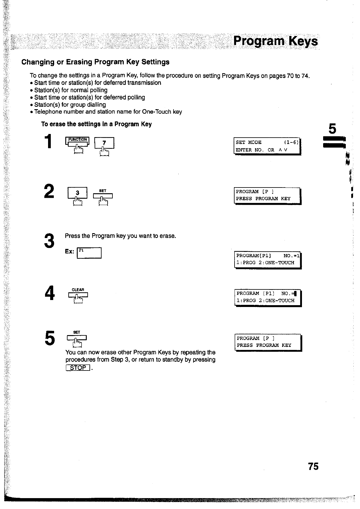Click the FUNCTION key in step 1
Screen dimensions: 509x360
click(77, 142)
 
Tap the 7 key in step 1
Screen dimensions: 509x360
click(104, 143)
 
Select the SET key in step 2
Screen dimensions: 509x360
click(103, 195)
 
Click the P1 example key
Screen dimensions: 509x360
click(90, 253)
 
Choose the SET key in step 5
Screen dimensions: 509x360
click(77, 338)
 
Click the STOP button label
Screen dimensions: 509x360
click(78, 368)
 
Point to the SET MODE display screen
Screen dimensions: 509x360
click(267, 146)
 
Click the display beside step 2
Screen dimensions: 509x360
click(268, 195)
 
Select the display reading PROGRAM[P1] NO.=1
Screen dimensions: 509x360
click(268, 259)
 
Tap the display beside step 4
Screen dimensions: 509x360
click(268, 297)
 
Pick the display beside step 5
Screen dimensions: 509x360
click(268, 342)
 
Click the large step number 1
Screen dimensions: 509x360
click(48, 142)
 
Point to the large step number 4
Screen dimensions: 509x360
click(49, 293)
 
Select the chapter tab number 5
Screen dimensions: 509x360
click(332, 129)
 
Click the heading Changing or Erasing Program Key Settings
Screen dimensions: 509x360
click(95, 62)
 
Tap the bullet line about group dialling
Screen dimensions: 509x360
click(70, 105)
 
